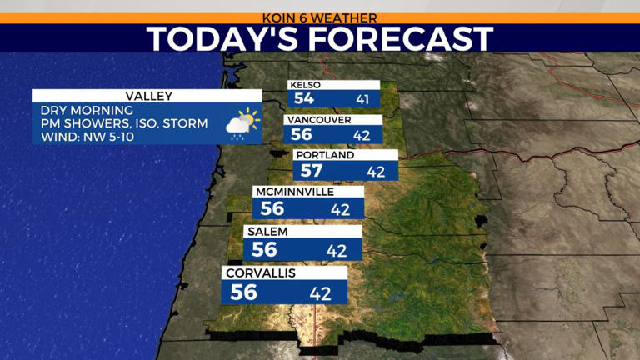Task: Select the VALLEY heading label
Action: [x=147, y=96]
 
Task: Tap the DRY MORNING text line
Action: [x=87, y=110]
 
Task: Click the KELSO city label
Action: [x=306, y=85]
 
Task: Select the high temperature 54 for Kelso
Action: [x=303, y=99]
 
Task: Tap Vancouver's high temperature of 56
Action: [x=301, y=134]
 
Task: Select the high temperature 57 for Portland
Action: [x=312, y=171]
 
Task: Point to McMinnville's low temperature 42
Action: [x=340, y=209]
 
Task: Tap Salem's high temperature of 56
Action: [x=264, y=249]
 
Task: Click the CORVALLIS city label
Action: [x=261, y=272]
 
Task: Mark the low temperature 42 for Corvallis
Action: [x=321, y=292]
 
